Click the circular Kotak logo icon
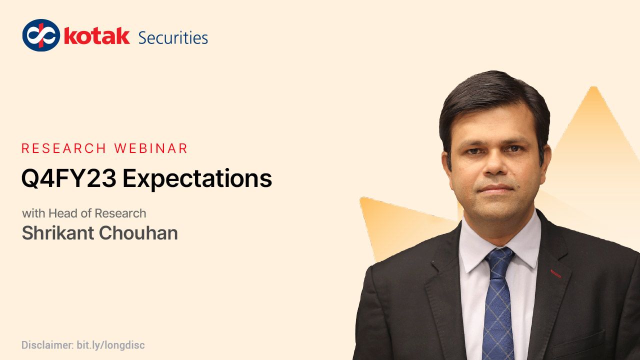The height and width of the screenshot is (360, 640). (x=41, y=35)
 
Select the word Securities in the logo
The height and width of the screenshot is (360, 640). (x=173, y=38)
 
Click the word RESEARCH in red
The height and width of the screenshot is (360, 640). (x=63, y=148)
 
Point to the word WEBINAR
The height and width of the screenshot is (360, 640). (x=151, y=148)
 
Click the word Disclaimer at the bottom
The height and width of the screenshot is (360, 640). (x=47, y=345)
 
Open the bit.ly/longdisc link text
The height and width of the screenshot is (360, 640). (x=110, y=345)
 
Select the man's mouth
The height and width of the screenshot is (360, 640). (x=495, y=189)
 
